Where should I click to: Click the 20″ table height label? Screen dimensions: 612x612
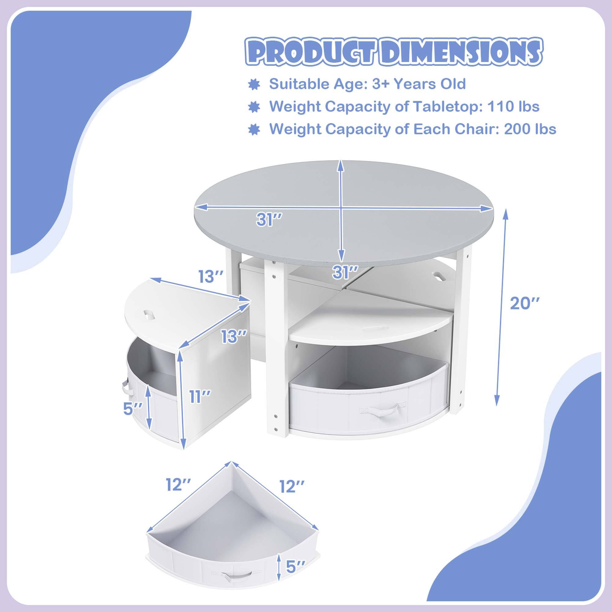[524, 304]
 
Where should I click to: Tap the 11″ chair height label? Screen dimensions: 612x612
[200, 397]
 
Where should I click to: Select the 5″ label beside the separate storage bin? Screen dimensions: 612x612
[296, 575]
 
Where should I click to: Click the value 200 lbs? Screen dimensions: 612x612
[530, 129]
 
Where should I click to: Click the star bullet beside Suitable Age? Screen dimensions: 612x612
[254, 84]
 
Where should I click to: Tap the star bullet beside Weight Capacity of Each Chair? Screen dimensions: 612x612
[254, 130]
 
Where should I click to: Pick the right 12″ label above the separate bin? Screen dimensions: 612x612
[291, 486]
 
